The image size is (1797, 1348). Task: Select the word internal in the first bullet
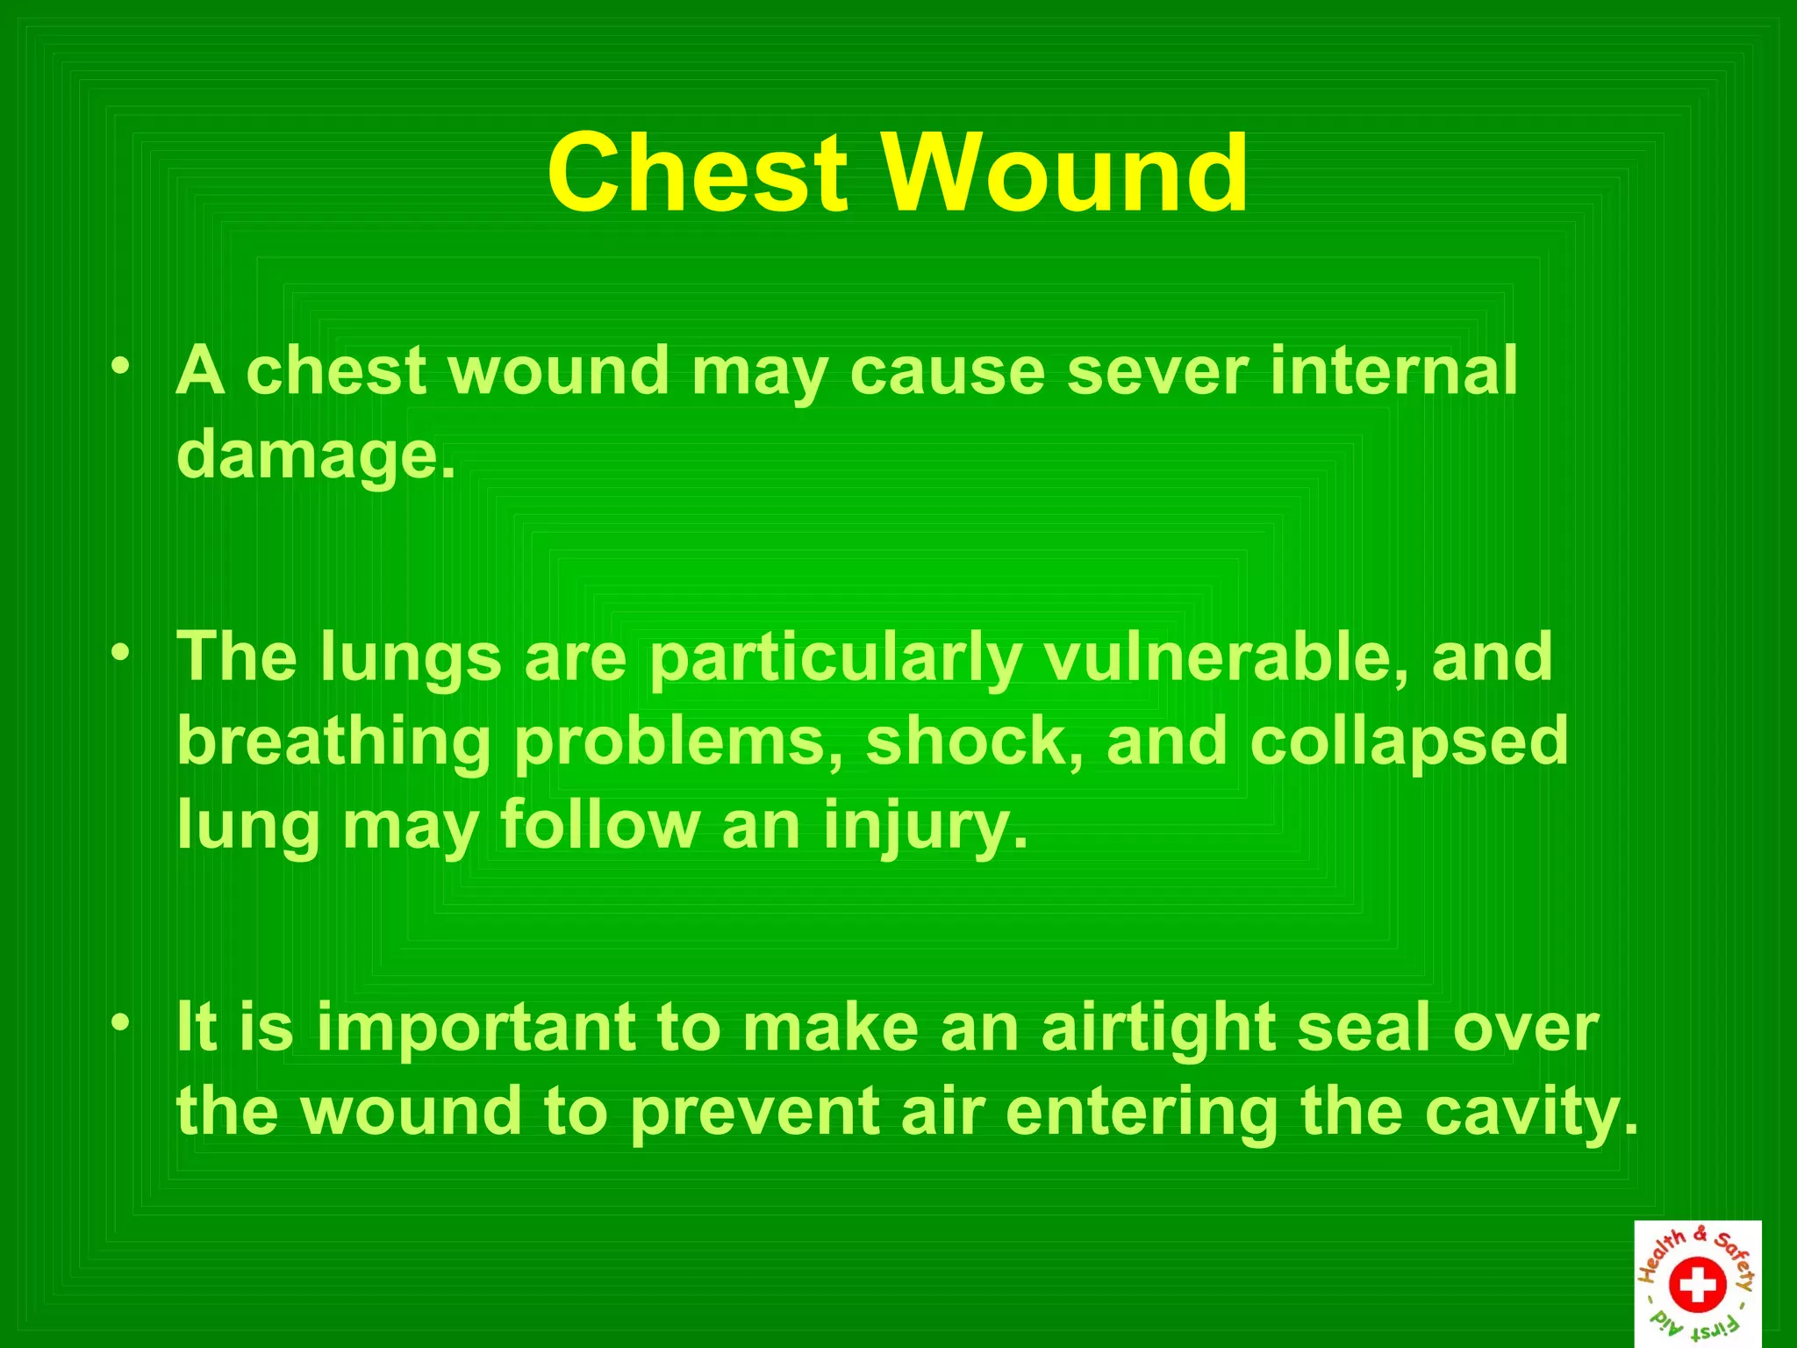(x=1393, y=371)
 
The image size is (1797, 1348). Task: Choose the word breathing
(x=333, y=742)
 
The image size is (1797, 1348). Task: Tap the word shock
(x=975, y=741)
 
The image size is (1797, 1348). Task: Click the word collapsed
(x=1408, y=742)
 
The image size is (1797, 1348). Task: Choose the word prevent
(x=755, y=1113)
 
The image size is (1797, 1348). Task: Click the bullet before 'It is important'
(x=122, y=1022)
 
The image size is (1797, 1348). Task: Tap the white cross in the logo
(x=1697, y=1286)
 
